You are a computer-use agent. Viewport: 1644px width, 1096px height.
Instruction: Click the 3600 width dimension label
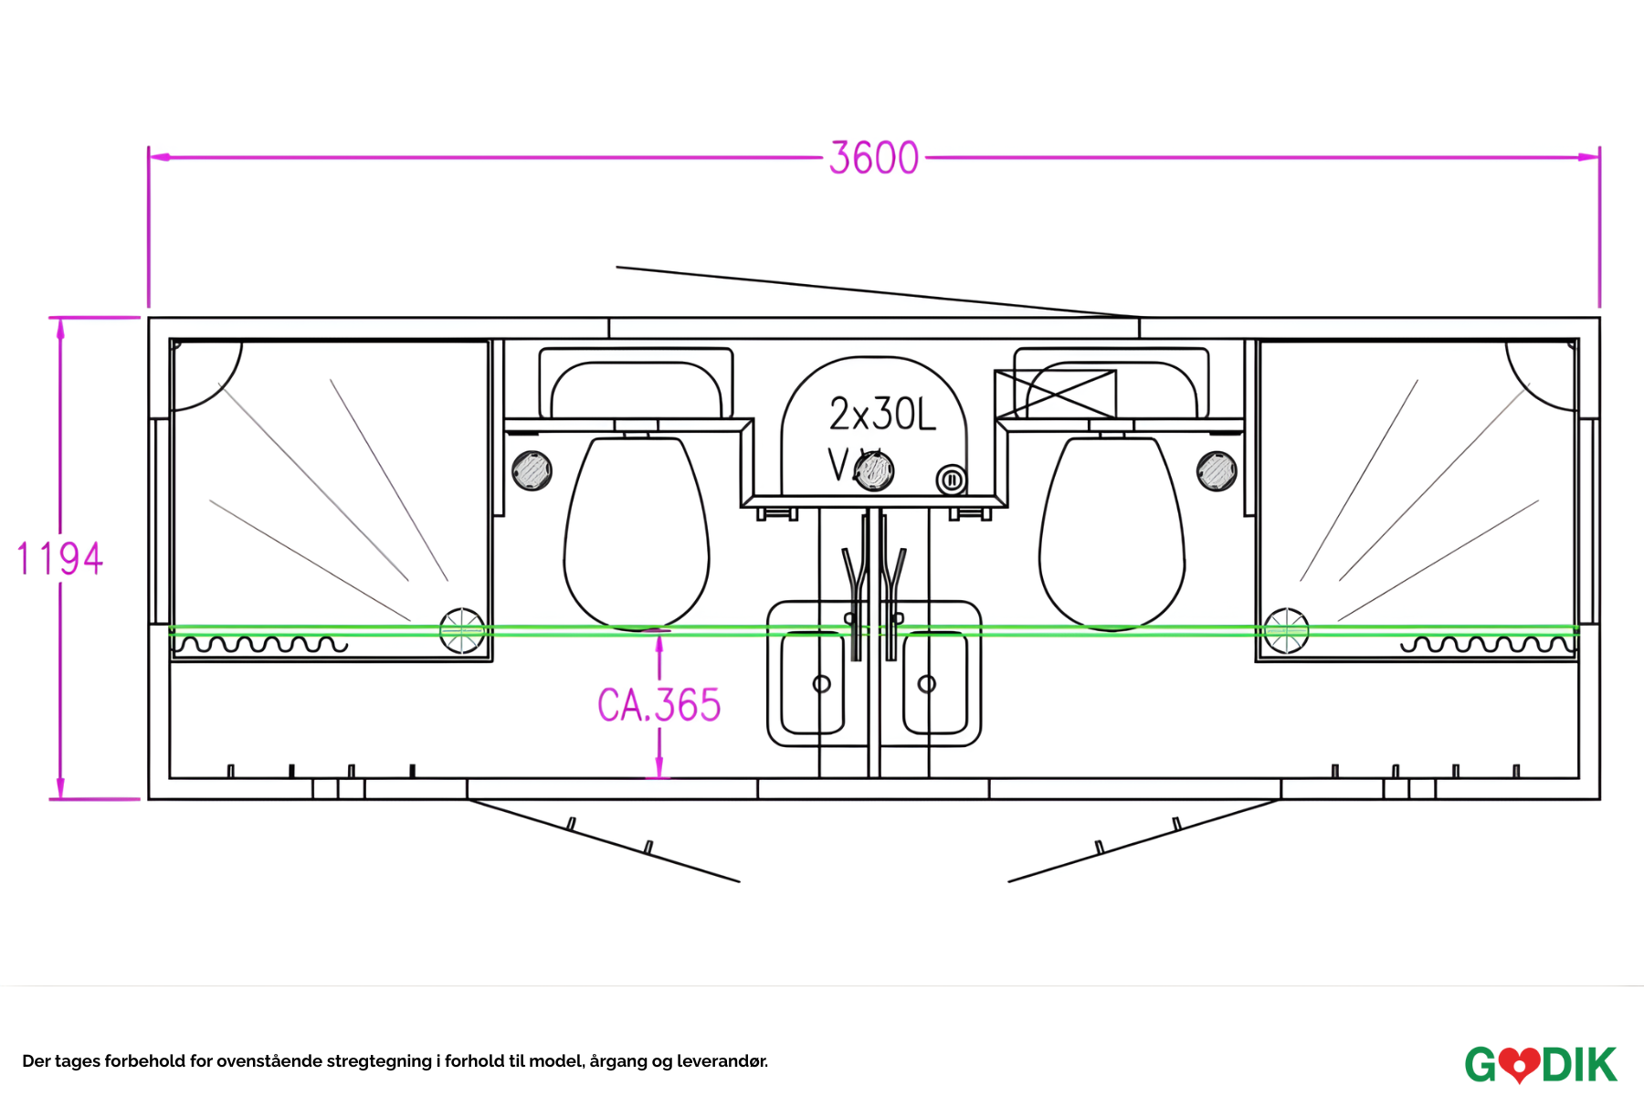(874, 158)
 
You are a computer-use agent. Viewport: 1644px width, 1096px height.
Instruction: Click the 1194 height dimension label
(60, 558)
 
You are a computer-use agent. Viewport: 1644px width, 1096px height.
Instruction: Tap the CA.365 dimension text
(659, 705)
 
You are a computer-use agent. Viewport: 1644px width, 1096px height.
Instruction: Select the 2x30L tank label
(882, 415)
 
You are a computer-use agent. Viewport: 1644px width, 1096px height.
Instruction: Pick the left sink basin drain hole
(821, 683)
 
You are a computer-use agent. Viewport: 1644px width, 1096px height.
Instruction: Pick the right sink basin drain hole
(926, 683)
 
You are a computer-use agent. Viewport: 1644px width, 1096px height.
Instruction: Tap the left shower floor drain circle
(462, 630)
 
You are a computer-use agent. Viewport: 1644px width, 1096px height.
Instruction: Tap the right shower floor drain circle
(1286, 630)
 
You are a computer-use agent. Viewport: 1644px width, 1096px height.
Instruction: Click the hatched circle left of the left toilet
(532, 471)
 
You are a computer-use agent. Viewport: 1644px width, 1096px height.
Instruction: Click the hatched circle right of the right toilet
(1217, 471)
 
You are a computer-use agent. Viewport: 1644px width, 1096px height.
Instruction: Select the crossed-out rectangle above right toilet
(1056, 395)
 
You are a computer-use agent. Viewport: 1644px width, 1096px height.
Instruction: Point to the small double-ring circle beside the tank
(951, 479)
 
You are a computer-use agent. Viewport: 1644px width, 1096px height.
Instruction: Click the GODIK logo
(1541, 1064)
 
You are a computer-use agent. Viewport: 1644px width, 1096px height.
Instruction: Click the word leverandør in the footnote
(722, 1061)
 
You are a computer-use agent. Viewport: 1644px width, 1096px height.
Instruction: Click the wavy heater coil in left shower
(260, 645)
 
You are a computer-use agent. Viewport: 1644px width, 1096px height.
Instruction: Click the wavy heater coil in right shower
(1489, 645)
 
